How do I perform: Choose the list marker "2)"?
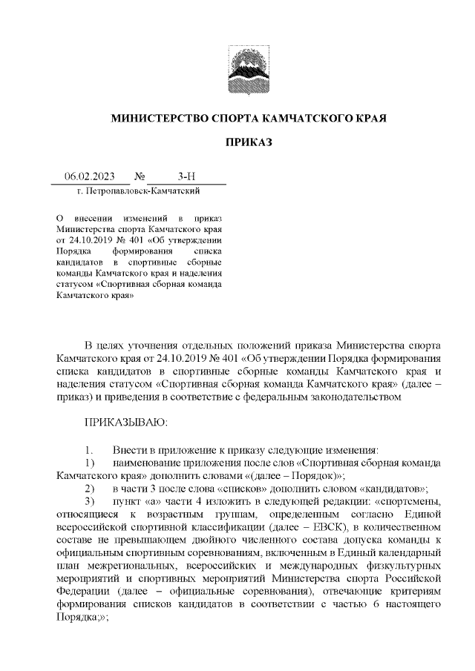89,489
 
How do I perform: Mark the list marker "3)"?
89,502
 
